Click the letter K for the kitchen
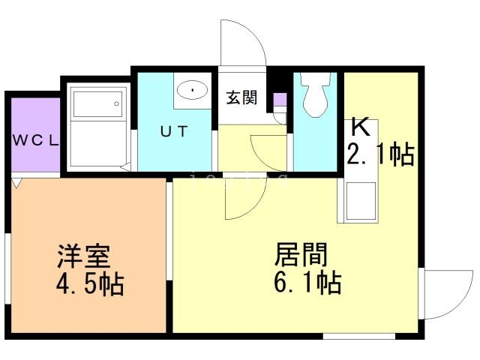tap(358, 127)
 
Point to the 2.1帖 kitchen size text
tap(379, 155)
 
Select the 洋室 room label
tap(83, 257)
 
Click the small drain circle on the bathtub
tap(116, 103)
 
